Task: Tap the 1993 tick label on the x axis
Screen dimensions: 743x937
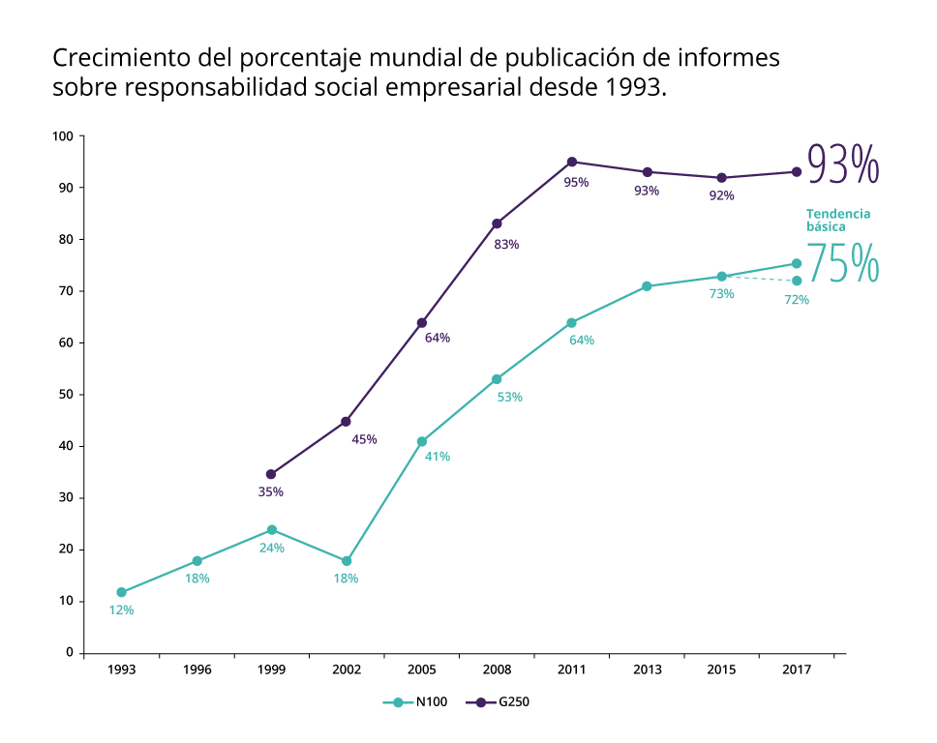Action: tap(121, 669)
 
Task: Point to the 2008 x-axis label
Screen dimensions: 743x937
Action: tap(497, 669)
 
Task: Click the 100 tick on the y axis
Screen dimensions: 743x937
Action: tap(63, 136)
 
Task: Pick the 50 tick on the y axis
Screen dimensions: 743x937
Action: tap(66, 395)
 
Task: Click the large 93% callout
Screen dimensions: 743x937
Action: tap(843, 164)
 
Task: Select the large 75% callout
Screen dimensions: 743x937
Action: tap(843, 263)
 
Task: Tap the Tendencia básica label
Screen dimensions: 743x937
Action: tap(838, 220)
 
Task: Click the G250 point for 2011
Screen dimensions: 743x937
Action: tap(572, 162)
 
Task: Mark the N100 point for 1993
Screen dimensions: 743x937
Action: tap(121, 592)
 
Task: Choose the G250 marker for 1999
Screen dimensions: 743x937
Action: tap(271, 474)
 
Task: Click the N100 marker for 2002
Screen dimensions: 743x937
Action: tap(347, 561)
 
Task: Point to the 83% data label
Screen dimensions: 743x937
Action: tap(506, 245)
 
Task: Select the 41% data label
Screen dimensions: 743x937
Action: tap(438, 457)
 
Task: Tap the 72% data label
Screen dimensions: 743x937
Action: tap(797, 300)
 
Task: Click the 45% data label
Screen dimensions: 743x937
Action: tap(365, 439)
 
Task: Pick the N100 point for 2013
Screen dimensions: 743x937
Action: tap(647, 286)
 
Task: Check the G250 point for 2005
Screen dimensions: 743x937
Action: tap(422, 323)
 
